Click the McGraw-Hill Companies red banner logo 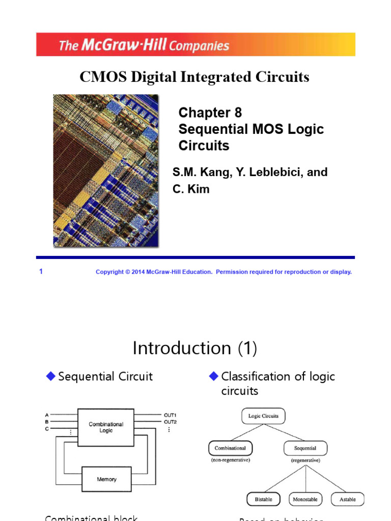coord(144,45)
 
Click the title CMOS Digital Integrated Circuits coord(194,77)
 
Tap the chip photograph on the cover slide coord(106,170)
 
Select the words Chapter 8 coord(210,113)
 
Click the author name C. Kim coord(191,189)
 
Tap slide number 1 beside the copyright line coord(41,272)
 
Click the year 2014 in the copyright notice coord(139,272)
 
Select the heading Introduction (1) coord(195,349)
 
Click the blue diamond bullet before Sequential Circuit coord(50,376)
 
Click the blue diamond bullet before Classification coord(213,376)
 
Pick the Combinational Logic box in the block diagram coord(106,427)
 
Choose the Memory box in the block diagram coord(106,479)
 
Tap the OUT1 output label coord(170,415)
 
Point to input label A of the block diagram coord(47,415)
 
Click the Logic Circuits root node coord(263,416)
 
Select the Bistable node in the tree coord(263,500)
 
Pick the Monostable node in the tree coord(305,500)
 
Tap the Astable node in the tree coord(348,500)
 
